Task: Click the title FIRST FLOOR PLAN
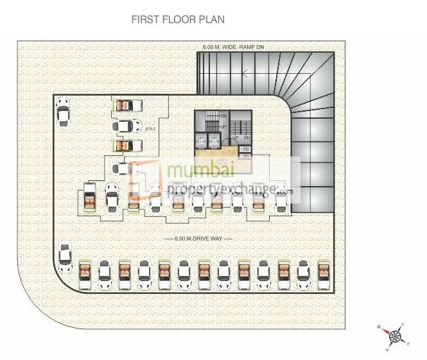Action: [178, 20]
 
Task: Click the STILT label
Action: [151, 129]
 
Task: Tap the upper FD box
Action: [246, 149]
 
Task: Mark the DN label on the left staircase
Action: [223, 116]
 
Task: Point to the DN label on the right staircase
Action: [247, 137]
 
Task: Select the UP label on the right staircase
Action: [236, 137]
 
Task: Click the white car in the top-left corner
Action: [62, 111]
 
